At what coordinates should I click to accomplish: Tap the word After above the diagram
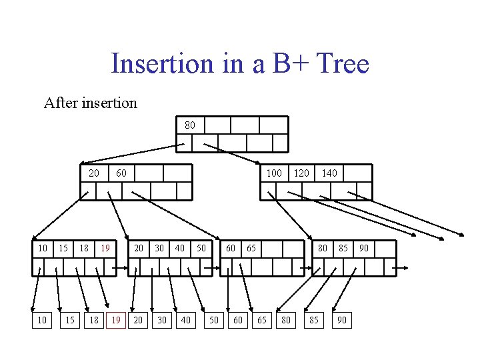(x=61, y=103)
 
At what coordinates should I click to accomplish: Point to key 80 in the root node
(x=190, y=125)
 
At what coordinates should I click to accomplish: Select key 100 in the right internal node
(x=274, y=173)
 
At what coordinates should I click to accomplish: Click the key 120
(x=301, y=173)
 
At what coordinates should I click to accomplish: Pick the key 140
(x=329, y=173)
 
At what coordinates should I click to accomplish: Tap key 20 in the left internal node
(x=94, y=173)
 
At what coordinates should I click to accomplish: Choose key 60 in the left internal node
(x=121, y=173)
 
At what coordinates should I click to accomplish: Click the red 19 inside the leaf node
(x=105, y=248)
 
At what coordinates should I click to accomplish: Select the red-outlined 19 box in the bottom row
(x=116, y=320)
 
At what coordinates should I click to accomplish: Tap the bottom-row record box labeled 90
(x=341, y=320)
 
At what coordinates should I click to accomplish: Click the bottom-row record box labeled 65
(x=262, y=320)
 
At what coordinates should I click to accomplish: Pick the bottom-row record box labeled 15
(x=69, y=320)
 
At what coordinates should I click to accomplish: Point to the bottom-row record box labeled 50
(x=213, y=320)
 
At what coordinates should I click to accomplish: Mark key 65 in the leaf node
(x=251, y=248)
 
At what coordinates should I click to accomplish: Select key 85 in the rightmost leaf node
(x=343, y=248)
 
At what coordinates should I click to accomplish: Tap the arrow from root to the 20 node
(x=129, y=153)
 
